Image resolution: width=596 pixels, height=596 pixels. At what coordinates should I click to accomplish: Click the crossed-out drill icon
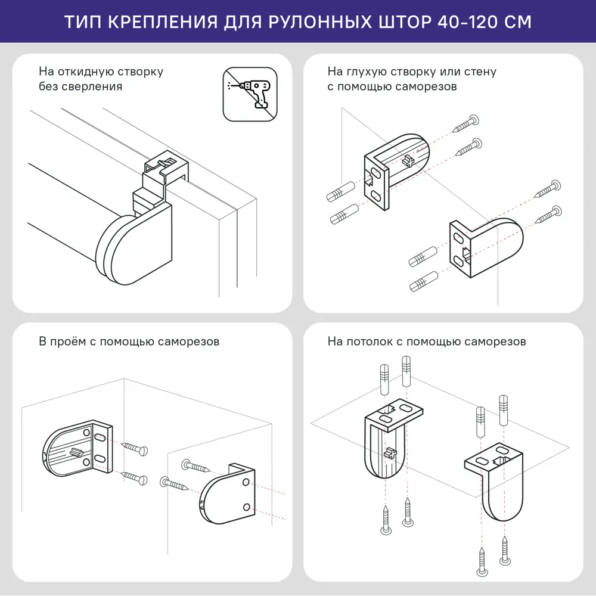[x=250, y=94]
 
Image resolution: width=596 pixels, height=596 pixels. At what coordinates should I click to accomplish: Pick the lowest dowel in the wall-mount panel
[x=424, y=281]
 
